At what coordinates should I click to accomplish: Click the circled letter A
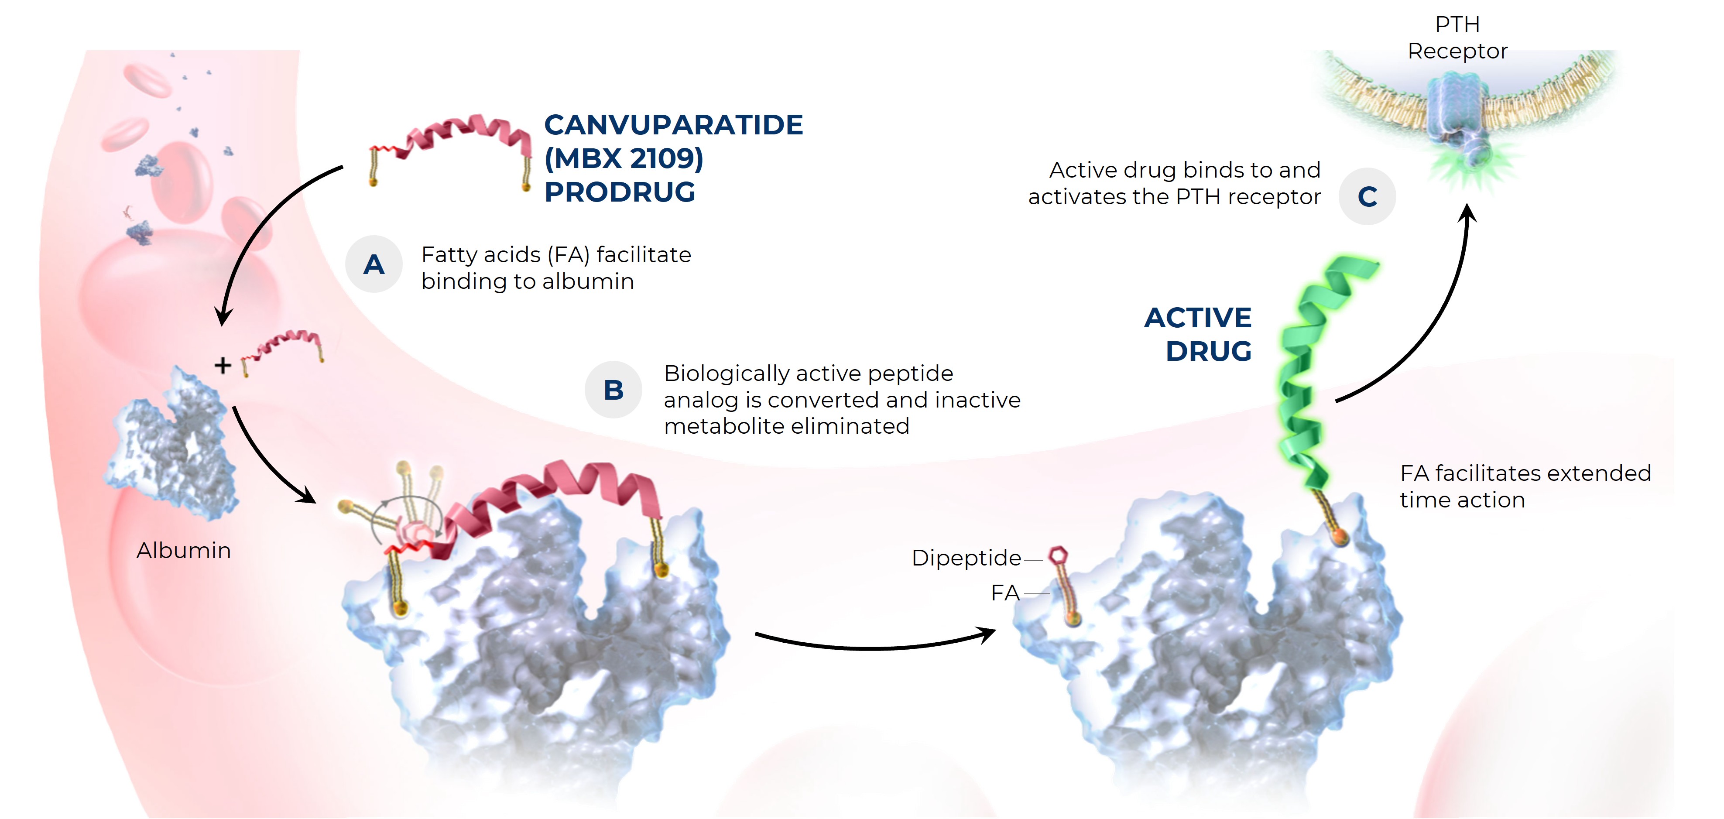pos(374,264)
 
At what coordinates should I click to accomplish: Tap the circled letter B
pos(613,389)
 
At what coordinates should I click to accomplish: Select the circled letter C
pos(1367,196)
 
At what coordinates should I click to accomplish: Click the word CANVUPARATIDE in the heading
pos(673,125)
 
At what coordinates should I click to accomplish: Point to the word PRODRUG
pos(620,192)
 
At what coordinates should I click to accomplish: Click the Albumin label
pos(183,550)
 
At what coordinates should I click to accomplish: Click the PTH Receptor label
pos(1458,38)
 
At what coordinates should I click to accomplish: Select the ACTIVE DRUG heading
pos(1198,334)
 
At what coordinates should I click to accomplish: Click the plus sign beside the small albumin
pos(223,365)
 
